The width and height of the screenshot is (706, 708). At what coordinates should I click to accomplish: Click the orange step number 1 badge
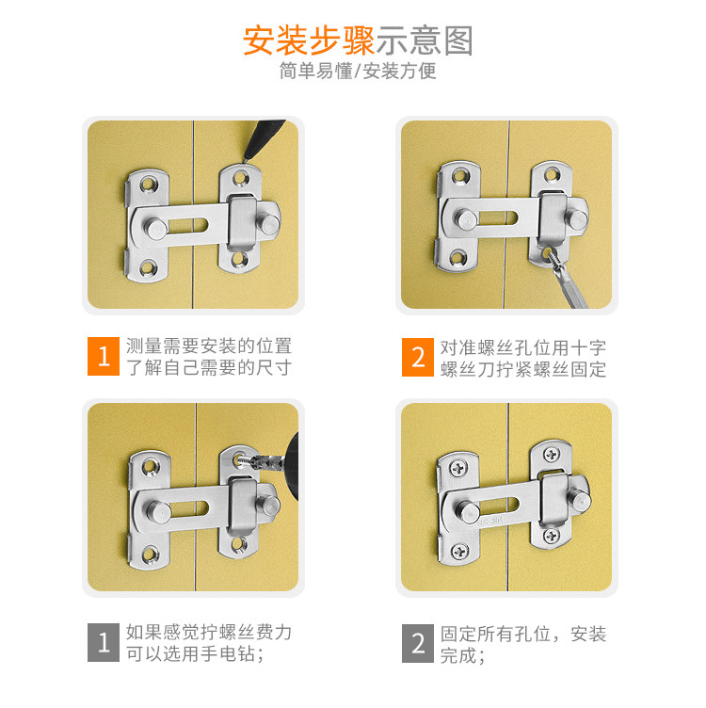[104, 356]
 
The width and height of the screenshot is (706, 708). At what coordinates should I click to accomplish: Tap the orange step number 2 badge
[418, 357]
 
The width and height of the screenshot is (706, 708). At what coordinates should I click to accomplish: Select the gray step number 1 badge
[104, 642]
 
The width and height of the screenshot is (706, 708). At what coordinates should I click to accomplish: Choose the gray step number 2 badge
[418, 643]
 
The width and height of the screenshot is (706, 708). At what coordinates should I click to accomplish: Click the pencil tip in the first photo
[245, 159]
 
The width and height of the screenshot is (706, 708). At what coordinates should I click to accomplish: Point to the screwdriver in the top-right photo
[566, 281]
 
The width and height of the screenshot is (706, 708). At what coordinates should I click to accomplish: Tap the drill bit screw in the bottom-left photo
[246, 461]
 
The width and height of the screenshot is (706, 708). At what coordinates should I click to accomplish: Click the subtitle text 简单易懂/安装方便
[358, 71]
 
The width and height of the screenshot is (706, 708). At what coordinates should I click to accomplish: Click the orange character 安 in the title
[259, 40]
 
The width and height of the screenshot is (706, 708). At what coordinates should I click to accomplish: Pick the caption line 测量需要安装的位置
[209, 346]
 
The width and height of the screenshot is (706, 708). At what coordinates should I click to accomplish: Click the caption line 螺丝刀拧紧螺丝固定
[523, 369]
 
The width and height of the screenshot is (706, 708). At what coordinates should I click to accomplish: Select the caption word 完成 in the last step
[458, 655]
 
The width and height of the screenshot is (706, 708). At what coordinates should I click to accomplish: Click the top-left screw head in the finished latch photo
[458, 469]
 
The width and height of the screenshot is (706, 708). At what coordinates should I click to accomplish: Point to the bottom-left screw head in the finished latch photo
[459, 551]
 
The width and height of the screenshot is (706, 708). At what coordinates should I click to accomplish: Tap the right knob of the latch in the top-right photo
[577, 219]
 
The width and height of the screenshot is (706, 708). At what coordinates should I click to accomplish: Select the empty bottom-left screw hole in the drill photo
[150, 554]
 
